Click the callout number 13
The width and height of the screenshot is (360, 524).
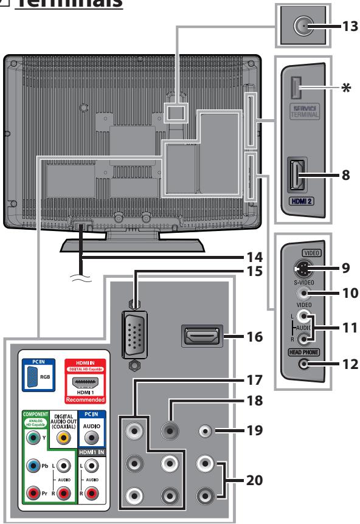click(347, 26)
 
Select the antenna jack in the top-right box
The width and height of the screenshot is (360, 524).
click(302, 26)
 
